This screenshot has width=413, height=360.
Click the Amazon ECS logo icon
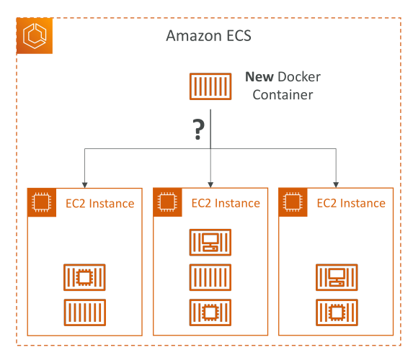pos(35,36)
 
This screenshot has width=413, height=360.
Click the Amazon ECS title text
pos(208,35)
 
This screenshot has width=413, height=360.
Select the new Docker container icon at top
pos(210,86)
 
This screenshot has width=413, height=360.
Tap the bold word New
pos(259,77)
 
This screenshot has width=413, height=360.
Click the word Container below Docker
pos(283,95)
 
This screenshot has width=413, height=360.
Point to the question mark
pos(199,129)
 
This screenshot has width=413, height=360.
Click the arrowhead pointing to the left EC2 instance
pos(84,185)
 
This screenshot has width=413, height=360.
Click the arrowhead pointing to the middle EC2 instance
pos(210,185)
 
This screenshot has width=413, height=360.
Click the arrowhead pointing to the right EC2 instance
pos(336,185)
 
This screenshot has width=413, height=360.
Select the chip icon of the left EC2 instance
pos(42,202)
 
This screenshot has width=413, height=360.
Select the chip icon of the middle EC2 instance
pos(167,202)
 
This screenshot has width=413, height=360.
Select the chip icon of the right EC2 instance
pos(293,202)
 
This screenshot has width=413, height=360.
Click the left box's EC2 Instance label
pos(99,204)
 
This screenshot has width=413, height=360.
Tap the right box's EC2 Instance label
pos(351,203)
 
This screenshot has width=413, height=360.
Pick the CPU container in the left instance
pos(84,277)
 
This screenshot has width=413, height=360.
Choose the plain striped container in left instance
pos(84,312)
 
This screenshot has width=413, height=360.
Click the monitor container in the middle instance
pos(210,243)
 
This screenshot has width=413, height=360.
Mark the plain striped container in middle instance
pos(210,277)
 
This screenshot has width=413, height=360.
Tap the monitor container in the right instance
pos(337,277)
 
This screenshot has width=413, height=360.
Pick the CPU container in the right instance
pos(337,312)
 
